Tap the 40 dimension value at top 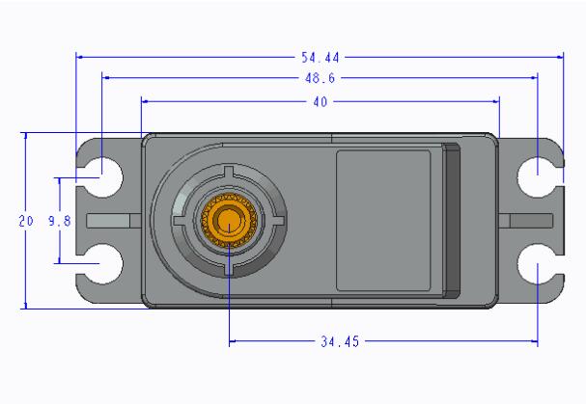click(x=320, y=99)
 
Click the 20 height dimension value click(x=26, y=221)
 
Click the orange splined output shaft click(x=229, y=220)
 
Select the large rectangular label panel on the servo click(x=383, y=220)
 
